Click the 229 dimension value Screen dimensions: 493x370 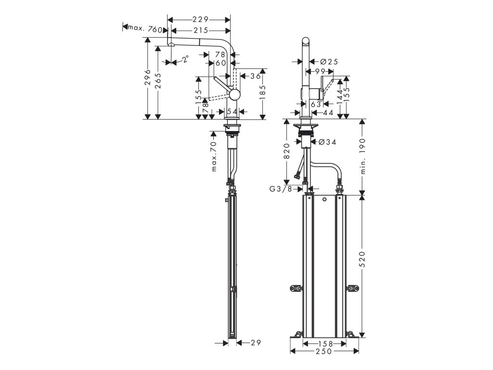[x=200, y=20]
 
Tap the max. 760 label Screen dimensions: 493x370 [x=143, y=29]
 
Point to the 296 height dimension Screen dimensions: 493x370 [x=148, y=77]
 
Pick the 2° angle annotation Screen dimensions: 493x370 [x=185, y=59]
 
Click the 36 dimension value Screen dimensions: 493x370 [x=255, y=76]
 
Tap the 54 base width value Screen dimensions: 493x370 [x=232, y=111]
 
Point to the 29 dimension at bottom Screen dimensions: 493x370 [x=255, y=343]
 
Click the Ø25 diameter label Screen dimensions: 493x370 [x=329, y=62]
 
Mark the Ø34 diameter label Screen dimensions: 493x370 [x=326, y=142]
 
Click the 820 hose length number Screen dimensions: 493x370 [x=286, y=151]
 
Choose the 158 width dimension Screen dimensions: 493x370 [x=324, y=344]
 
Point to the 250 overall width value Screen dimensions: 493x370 [x=324, y=352]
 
